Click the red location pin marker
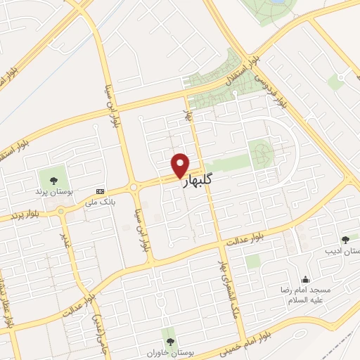180,165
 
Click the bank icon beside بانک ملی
100,191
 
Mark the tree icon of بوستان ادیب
345,240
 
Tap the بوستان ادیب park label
345,251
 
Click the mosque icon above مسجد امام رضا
305,279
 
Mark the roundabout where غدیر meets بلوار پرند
60,209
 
